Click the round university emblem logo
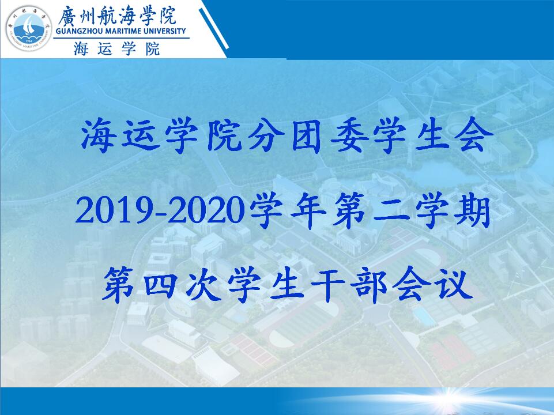(x=29, y=29)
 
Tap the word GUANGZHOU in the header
(x=79, y=32)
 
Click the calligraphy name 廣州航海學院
(x=117, y=16)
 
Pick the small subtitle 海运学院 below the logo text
(x=117, y=49)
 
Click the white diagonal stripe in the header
(x=213, y=28)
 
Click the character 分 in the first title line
(x=266, y=136)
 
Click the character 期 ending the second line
(x=472, y=211)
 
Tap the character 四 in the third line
(x=161, y=285)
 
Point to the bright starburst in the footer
(x=448, y=395)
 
